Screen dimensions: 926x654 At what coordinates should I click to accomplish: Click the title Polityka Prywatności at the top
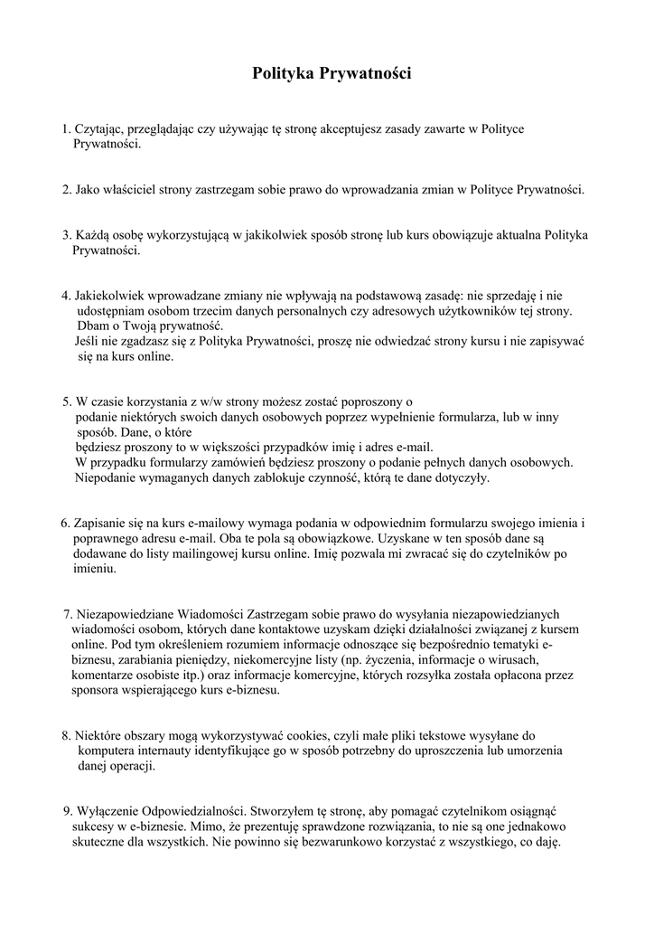332,75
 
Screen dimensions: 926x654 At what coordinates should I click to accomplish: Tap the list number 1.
65,130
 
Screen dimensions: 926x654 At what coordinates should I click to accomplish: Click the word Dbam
92,326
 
